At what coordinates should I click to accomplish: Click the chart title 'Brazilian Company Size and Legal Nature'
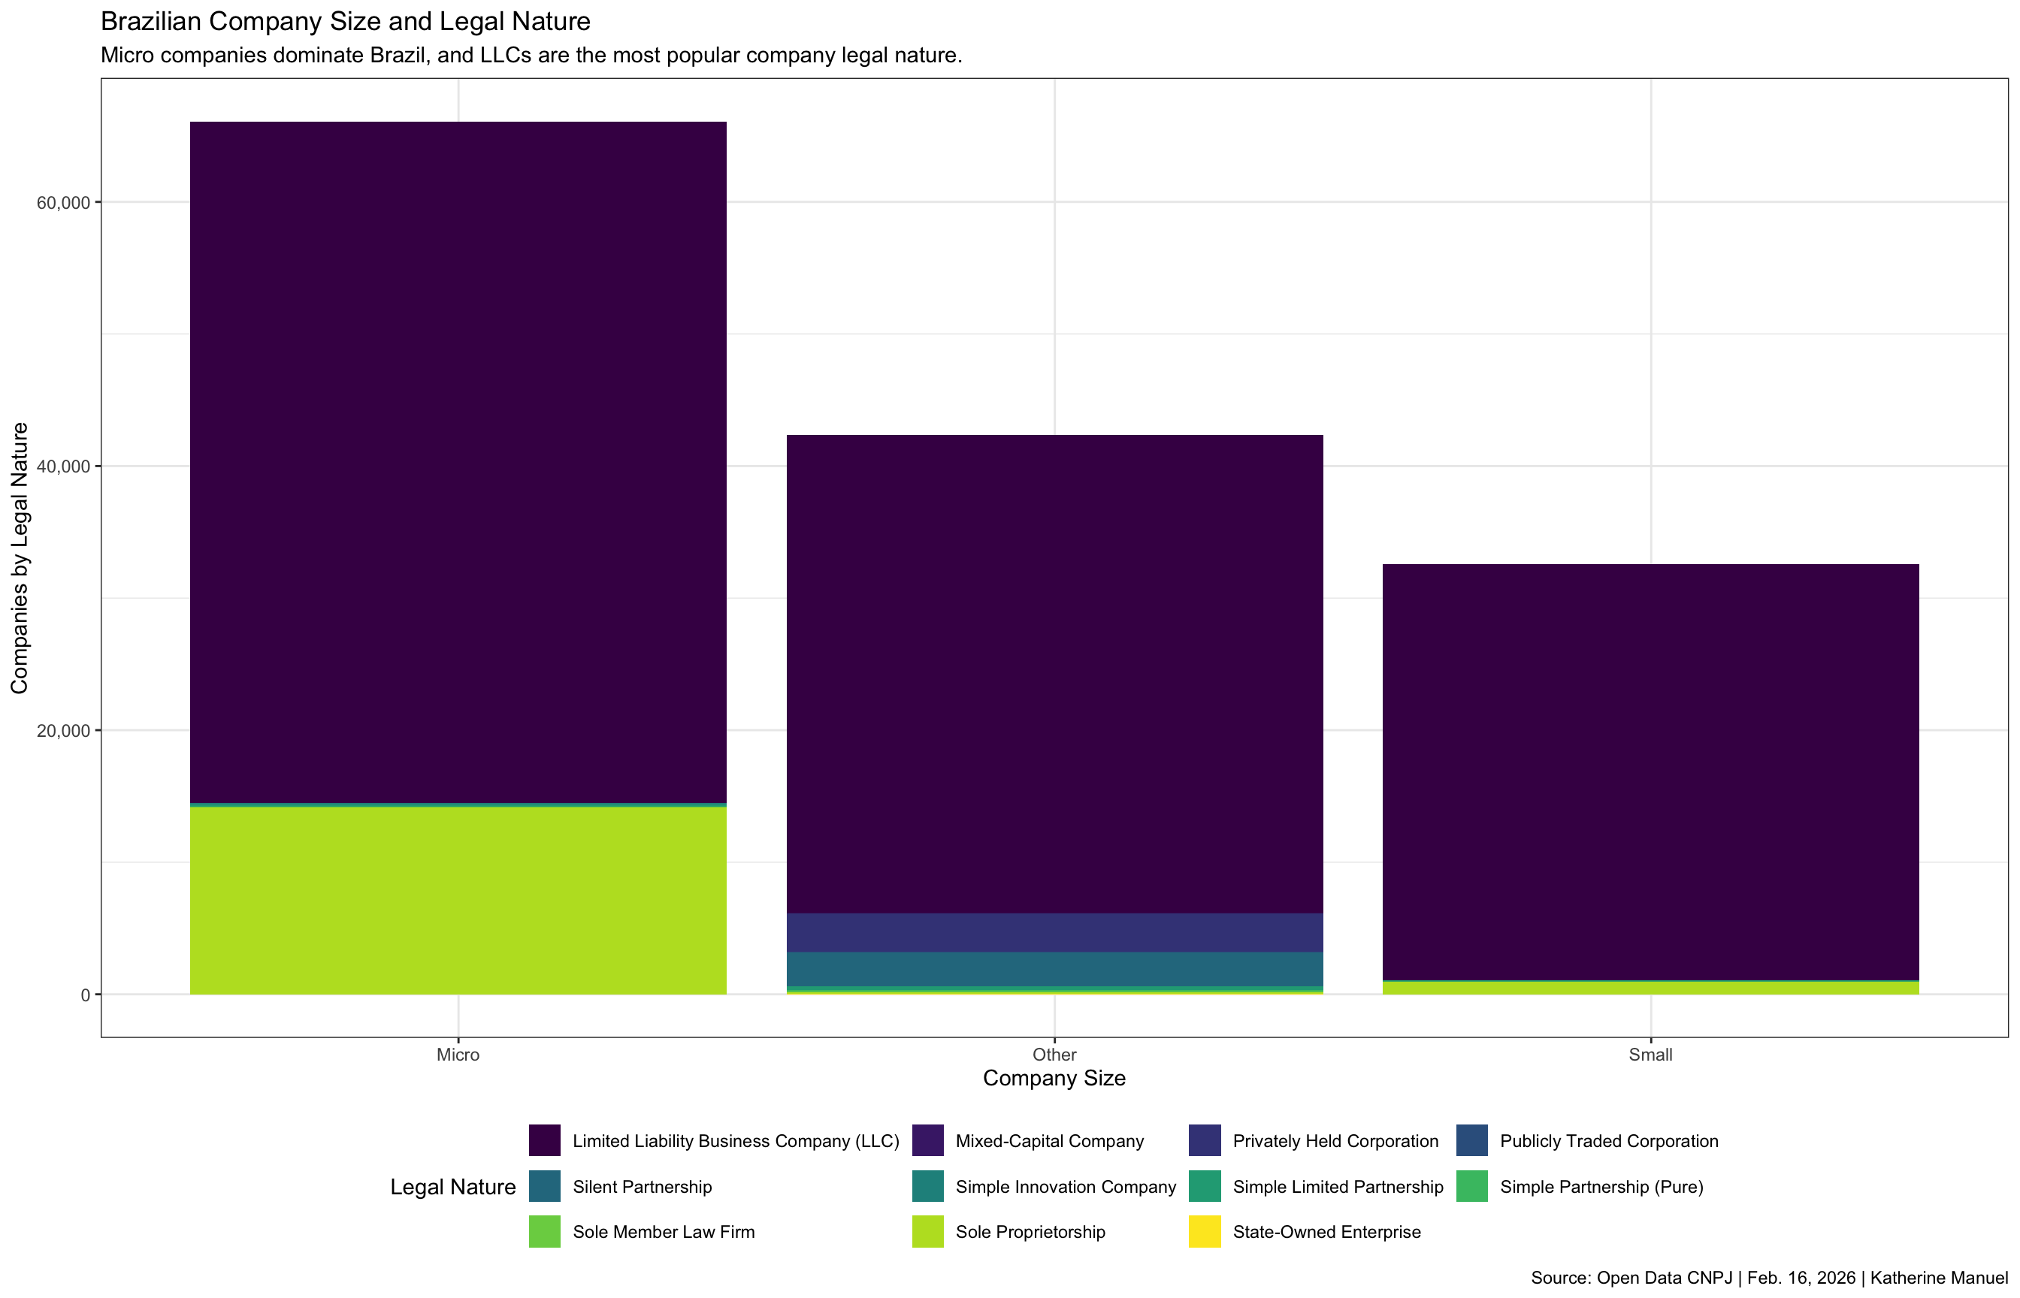[x=345, y=21]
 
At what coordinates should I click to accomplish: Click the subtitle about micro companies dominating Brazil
[x=531, y=56]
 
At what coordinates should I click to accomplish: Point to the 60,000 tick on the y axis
[x=63, y=202]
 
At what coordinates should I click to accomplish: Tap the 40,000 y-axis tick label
[x=63, y=467]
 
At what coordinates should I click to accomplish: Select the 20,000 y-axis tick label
[x=63, y=731]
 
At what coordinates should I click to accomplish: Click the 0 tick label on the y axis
[x=85, y=995]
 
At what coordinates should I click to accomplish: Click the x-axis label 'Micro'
[x=458, y=1055]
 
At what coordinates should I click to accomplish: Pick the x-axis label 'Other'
[x=1054, y=1055]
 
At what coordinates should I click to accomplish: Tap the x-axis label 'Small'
[x=1650, y=1055]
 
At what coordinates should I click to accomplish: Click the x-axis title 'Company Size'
[x=1054, y=1079]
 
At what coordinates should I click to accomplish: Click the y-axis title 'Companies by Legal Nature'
[x=20, y=558]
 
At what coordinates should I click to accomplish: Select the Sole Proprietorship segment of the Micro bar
[x=458, y=900]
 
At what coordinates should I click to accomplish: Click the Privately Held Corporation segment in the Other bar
[x=1054, y=933]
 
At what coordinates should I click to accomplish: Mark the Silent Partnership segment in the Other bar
[x=1054, y=969]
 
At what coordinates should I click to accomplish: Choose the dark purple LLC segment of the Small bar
[x=1650, y=771]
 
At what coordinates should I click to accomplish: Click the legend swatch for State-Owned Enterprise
[x=1204, y=1232]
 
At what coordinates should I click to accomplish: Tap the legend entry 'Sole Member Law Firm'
[x=663, y=1232]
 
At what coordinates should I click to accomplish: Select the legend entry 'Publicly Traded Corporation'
[x=1609, y=1141]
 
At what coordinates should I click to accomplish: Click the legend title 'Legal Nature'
[x=452, y=1187]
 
